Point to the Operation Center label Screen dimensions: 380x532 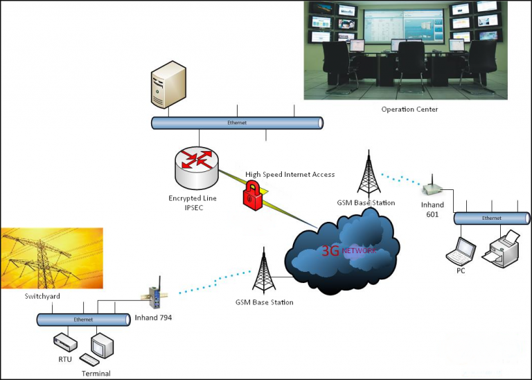409,110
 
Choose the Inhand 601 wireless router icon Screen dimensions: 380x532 433,187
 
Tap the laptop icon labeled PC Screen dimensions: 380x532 461,250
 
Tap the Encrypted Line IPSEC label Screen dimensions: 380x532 193,202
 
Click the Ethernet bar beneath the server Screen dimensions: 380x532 237,123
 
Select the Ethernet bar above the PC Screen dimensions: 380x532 491,218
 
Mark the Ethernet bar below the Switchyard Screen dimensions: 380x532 83,320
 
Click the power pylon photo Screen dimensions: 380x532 52,258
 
